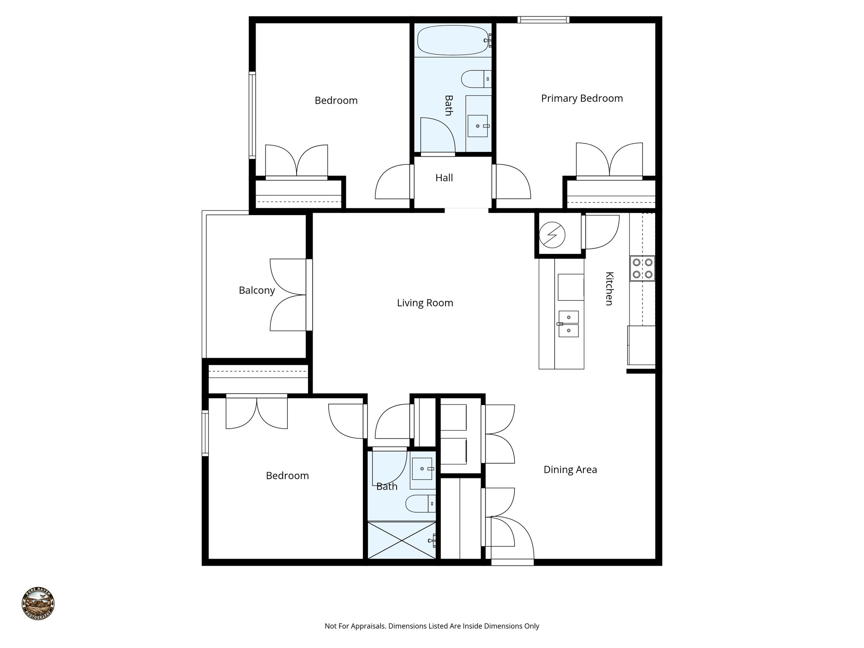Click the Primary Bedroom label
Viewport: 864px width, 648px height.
[x=582, y=98]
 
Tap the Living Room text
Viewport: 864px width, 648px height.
[x=425, y=303]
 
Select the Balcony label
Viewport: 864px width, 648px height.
[x=256, y=290]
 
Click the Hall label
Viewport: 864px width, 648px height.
[x=444, y=178]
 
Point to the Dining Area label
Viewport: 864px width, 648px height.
[x=570, y=470]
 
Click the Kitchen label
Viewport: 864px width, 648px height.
[x=609, y=289]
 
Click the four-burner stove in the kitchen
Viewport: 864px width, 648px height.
[x=643, y=268]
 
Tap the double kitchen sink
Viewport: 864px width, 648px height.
[x=568, y=324]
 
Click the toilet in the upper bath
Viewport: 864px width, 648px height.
[x=475, y=79]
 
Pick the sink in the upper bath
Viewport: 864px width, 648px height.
[x=478, y=126]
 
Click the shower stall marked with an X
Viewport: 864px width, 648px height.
[x=402, y=540]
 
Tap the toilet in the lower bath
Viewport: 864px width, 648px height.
[x=420, y=503]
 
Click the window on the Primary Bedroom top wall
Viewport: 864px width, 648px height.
[x=543, y=19]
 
